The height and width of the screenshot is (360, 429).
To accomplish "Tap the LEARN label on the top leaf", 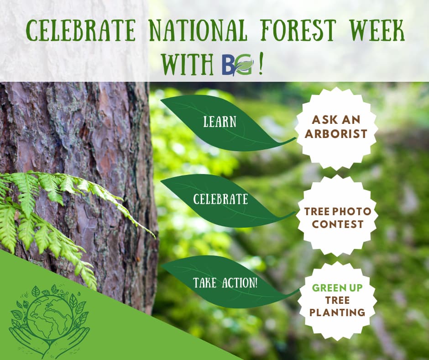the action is point(220,122).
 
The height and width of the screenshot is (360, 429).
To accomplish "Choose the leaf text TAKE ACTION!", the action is point(225,282).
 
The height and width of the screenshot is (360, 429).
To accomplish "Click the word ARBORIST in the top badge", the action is point(336,134).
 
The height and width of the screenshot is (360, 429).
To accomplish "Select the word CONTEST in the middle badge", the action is point(337,224).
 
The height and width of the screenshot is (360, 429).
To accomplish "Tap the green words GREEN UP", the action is point(337,288).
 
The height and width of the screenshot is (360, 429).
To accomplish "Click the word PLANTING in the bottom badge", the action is point(337,312).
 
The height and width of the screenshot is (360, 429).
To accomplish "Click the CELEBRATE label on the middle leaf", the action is point(220,199).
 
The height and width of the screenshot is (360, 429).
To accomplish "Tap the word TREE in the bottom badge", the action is point(337,300).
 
